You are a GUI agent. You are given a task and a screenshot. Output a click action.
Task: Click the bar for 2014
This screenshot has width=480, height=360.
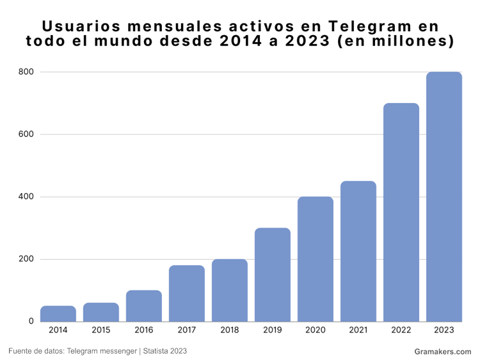tap(58, 313)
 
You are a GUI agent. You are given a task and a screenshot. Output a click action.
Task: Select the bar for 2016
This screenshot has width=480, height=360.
tap(144, 306)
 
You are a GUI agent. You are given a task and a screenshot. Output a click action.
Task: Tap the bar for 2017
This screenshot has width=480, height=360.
tap(187, 293)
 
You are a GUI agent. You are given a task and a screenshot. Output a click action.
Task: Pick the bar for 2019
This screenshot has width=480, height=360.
tap(273, 274)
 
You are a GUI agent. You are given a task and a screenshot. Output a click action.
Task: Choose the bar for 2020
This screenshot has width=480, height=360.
tap(316, 259)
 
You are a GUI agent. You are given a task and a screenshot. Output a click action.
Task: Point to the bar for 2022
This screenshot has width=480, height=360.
tap(401, 212)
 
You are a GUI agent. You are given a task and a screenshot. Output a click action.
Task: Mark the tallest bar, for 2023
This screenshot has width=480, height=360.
tap(444, 196)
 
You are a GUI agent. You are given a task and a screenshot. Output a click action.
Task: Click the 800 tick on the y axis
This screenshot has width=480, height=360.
tap(26, 72)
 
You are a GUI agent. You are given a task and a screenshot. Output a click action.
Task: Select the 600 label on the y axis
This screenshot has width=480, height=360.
tap(26, 134)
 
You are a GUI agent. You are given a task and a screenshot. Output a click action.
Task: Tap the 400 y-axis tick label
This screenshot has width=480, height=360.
tap(26, 197)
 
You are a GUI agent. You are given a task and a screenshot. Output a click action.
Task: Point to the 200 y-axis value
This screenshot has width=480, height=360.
tap(26, 259)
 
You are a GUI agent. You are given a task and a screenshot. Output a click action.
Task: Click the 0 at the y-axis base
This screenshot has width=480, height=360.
tap(31, 321)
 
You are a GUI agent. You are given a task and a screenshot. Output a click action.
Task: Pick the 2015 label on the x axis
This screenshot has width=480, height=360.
tap(101, 331)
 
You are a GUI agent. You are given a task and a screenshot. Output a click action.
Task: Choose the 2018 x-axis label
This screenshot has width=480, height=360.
tap(230, 331)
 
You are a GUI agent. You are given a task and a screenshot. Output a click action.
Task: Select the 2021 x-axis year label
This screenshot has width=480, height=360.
tap(358, 331)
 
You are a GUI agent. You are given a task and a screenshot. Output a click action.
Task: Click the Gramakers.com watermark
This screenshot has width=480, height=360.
tap(442, 352)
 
